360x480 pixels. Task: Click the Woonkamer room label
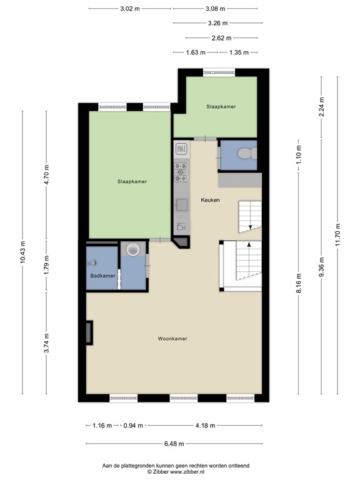173,339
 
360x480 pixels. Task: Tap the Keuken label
209,200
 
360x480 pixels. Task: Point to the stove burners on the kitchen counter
181,169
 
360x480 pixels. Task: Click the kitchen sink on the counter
181,204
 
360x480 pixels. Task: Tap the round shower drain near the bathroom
132,250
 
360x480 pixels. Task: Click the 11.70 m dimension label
337,235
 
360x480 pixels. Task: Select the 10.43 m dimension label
23,252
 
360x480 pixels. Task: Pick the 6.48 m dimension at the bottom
173,444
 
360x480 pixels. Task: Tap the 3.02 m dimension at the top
130,9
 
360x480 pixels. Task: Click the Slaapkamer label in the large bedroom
132,182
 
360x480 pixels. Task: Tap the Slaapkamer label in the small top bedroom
221,107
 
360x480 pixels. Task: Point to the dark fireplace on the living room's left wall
89,332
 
